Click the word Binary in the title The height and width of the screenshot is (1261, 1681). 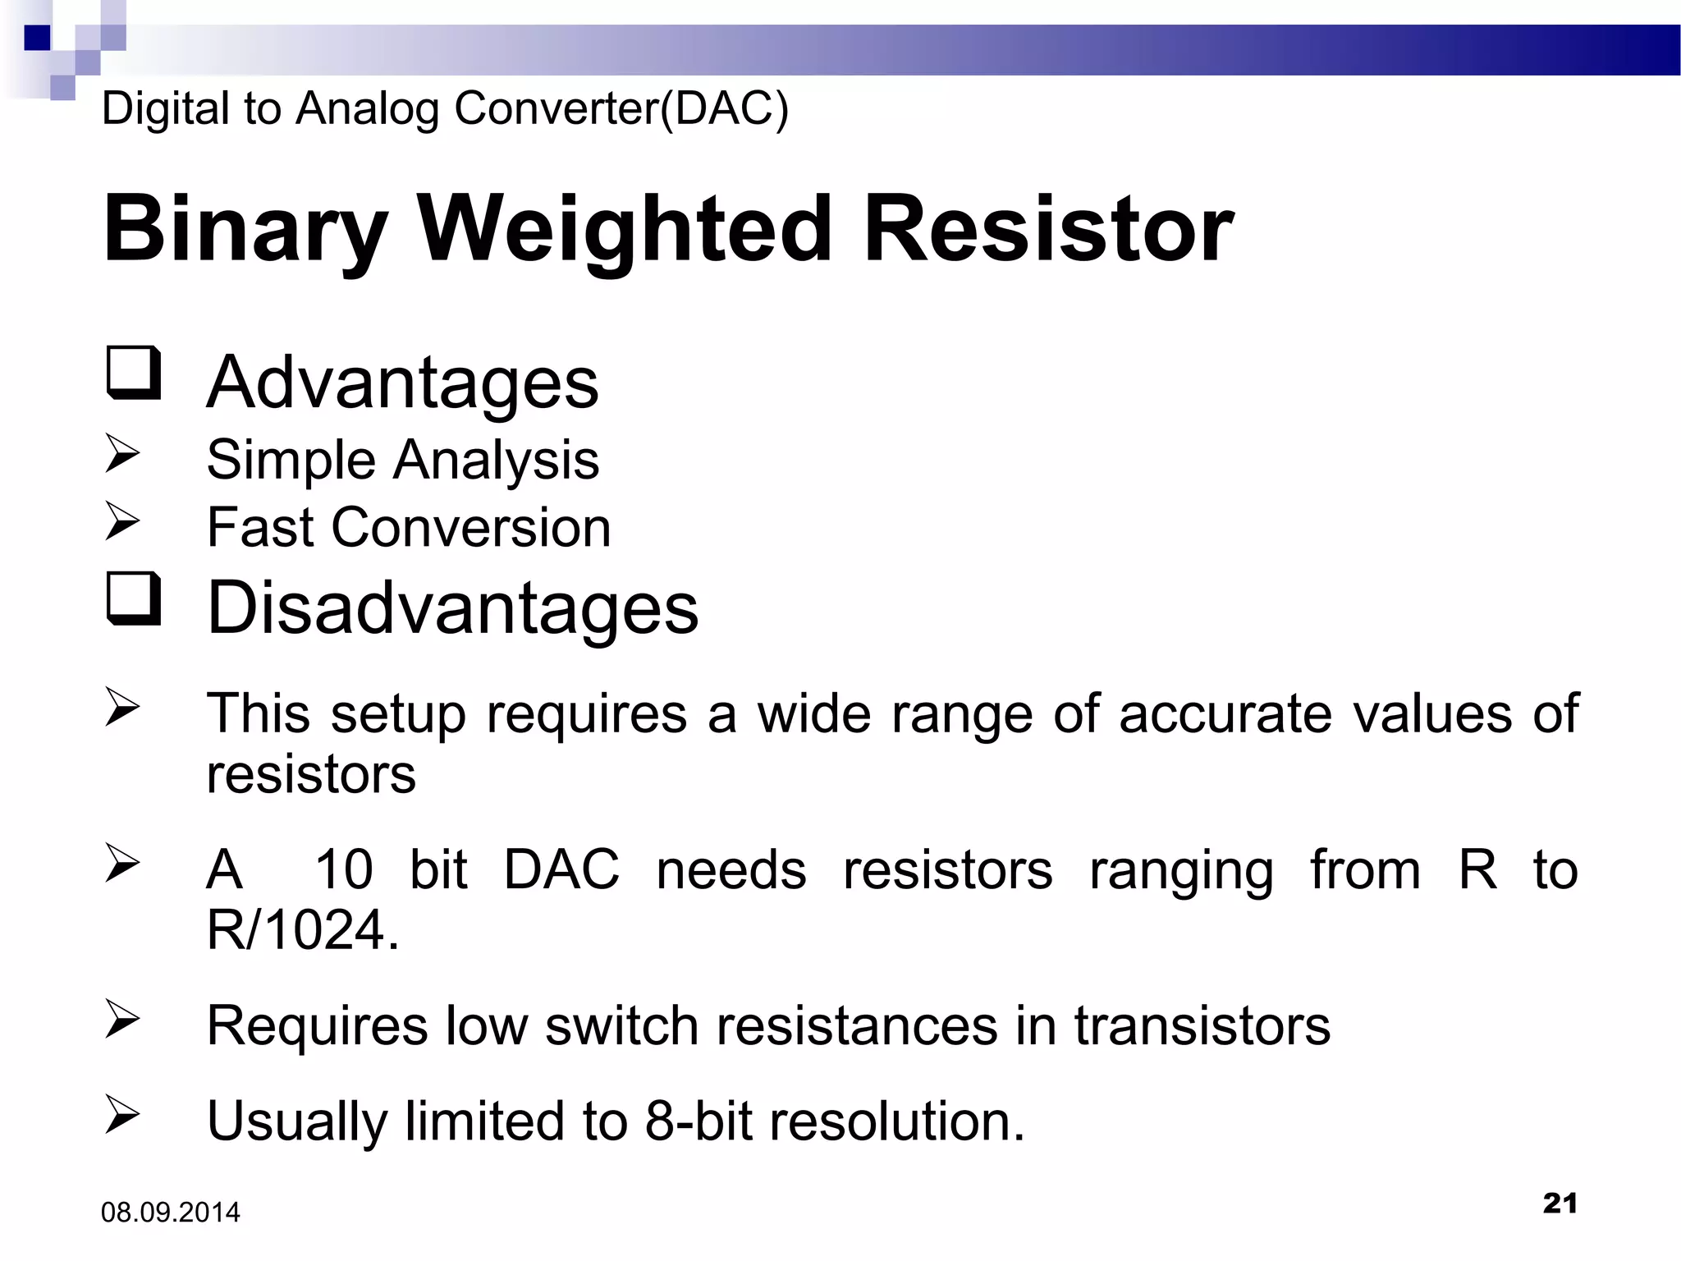point(245,229)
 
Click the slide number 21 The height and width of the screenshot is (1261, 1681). point(1560,1204)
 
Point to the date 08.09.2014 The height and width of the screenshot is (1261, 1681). point(171,1213)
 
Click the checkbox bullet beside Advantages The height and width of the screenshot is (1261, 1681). point(133,374)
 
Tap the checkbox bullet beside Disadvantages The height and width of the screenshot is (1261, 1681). point(133,599)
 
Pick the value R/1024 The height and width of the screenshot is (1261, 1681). point(302,930)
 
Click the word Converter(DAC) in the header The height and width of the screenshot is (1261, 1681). point(621,108)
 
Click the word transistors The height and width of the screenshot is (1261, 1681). point(1202,1025)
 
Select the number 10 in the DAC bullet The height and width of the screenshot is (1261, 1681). point(344,869)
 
